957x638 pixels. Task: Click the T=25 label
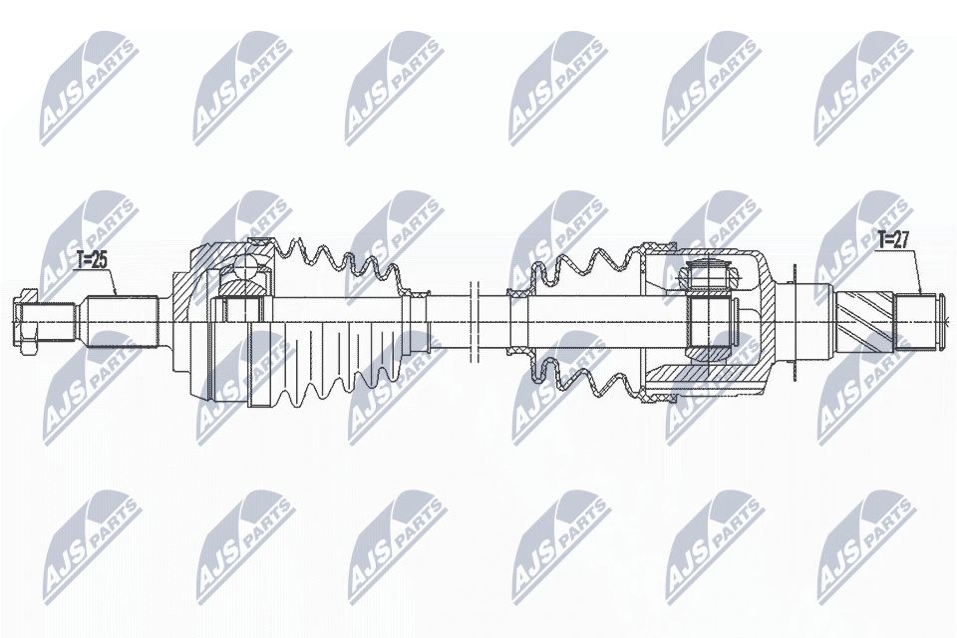tap(92, 261)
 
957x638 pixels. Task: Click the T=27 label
tap(893, 239)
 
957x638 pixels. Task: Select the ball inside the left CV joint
tap(243, 270)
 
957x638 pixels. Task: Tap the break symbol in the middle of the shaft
tap(474, 321)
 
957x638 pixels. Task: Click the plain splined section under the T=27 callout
tap(909, 321)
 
